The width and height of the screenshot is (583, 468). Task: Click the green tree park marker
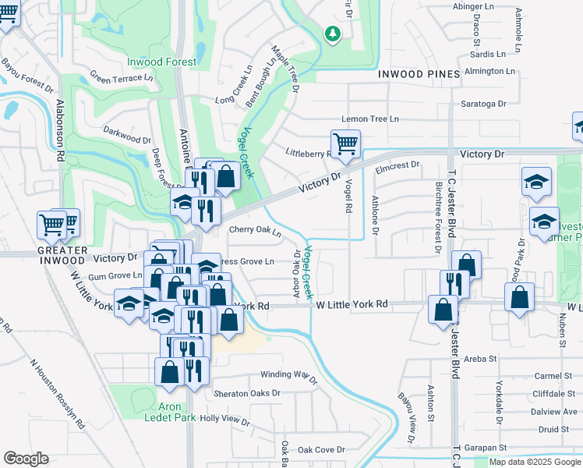pos(333,34)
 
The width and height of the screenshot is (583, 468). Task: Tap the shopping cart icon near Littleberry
pos(344,144)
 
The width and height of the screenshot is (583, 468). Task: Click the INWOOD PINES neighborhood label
pos(416,74)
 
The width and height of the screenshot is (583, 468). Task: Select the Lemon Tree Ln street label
pos(369,119)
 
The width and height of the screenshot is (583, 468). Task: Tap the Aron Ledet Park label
pos(170,412)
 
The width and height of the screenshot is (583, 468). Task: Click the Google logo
pos(26,459)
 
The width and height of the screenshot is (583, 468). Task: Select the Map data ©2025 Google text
pos(534,462)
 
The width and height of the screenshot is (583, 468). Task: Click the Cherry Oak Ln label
pos(255,230)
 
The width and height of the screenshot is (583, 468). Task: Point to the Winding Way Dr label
pos(288,377)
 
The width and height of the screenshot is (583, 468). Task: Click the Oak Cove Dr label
pos(320,449)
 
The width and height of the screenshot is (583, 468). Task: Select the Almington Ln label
pos(489,71)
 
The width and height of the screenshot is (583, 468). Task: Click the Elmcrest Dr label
pos(397,165)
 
